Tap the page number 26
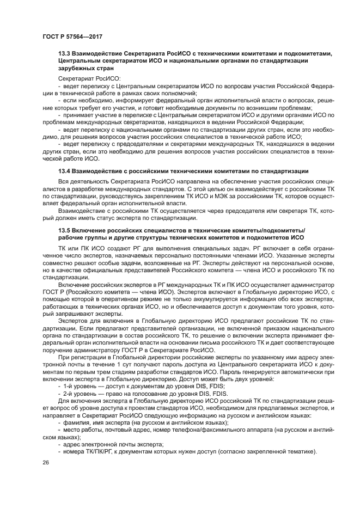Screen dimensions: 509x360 tap(45, 462)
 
